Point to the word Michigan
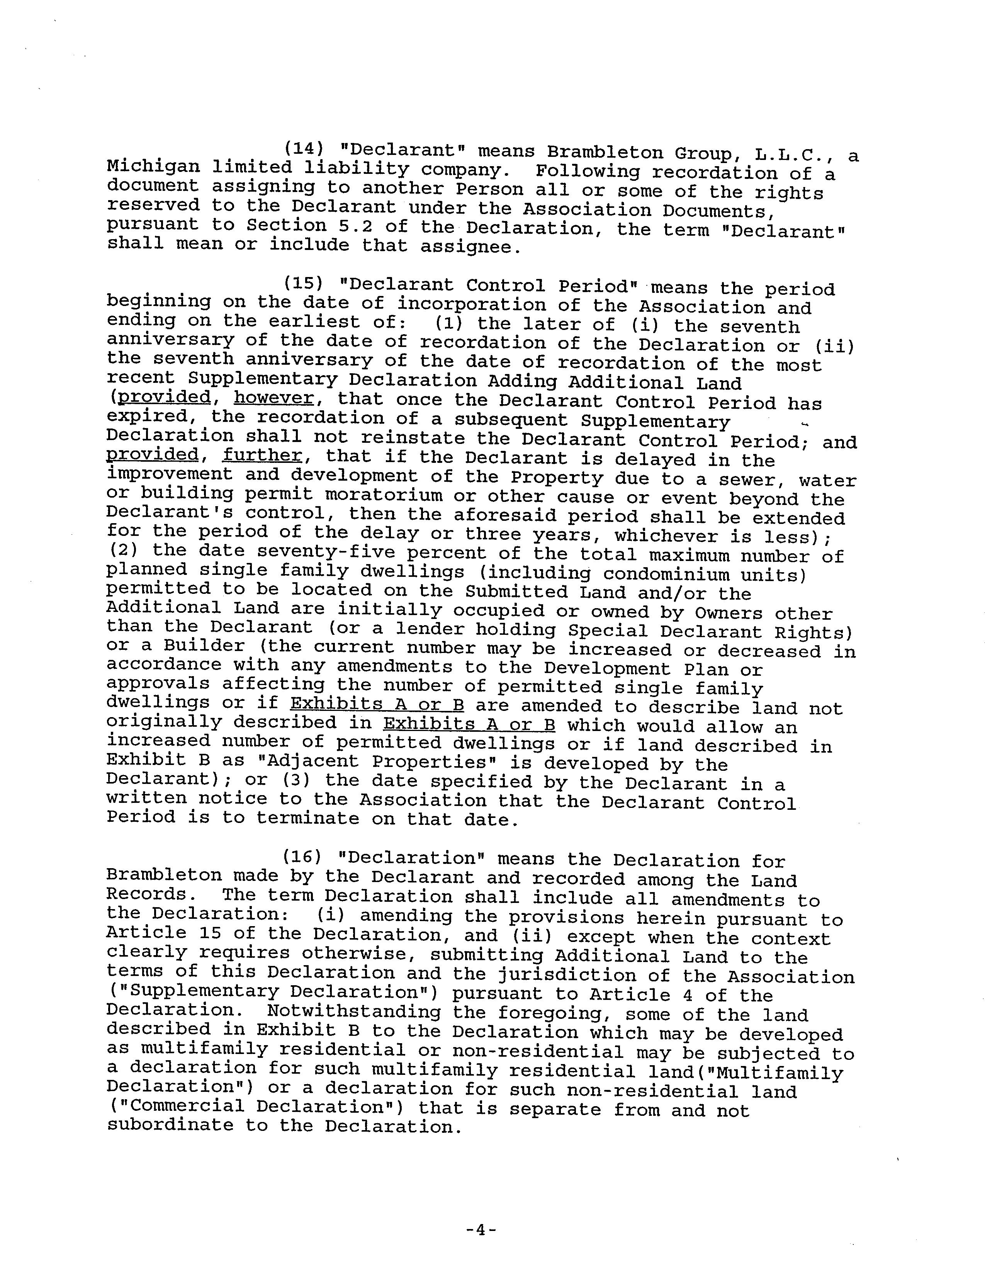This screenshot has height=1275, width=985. [x=153, y=168]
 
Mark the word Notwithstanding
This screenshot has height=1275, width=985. [x=354, y=1012]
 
